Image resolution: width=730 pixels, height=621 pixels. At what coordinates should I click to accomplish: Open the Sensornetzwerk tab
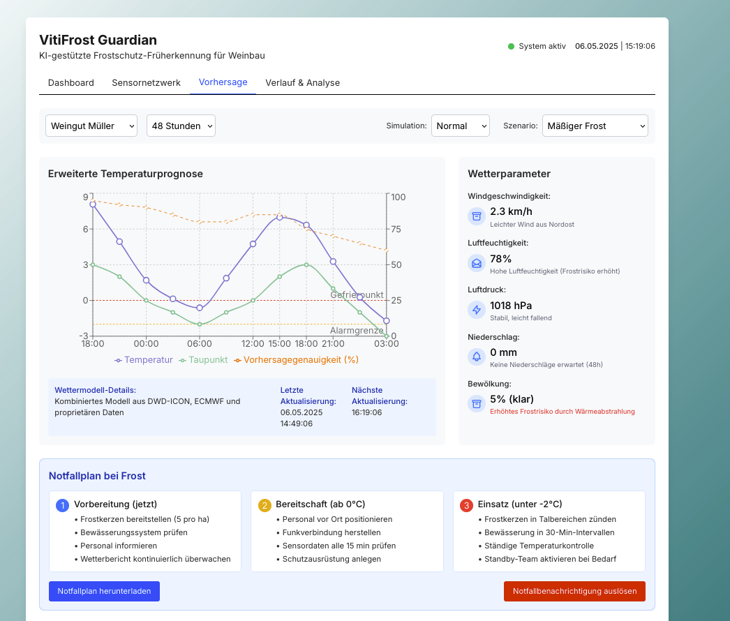click(146, 83)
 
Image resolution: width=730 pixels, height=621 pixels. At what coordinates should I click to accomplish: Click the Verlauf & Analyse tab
click(303, 83)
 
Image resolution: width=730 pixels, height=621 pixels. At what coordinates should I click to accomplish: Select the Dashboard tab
click(70, 83)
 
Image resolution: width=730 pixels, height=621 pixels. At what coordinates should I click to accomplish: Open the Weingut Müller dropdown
click(91, 126)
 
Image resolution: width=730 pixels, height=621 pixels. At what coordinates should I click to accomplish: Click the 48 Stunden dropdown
click(181, 126)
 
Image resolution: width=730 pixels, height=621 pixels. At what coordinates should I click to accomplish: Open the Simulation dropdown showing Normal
click(461, 126)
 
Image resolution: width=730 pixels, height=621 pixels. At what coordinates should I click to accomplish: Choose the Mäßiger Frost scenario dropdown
click(595, 126)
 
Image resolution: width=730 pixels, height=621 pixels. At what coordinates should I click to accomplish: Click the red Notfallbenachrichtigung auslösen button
click(574, 591)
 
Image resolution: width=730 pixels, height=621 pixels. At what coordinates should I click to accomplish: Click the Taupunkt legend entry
click(204, 360)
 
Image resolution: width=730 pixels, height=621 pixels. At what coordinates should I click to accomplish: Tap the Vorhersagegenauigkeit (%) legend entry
click(296, 360)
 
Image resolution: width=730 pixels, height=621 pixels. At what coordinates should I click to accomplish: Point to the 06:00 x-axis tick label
click(200, 344)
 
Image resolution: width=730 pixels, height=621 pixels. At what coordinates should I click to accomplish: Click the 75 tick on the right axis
click(396, 229)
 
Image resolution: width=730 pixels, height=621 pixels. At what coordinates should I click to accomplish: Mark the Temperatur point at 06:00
click(200, 308)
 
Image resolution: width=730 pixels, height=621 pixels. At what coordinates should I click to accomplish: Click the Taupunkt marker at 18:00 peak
click(306, 265)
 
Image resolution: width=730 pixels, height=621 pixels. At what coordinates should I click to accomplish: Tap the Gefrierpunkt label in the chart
click(357, 294)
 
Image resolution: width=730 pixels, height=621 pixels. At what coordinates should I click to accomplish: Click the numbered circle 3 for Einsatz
click(466, 506)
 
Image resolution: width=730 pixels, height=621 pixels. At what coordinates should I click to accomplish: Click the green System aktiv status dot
click(511, 47)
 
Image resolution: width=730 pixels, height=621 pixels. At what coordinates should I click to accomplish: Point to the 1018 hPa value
click(511, 306)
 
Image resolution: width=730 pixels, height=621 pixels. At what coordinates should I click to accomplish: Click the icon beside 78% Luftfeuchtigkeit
click(477, 264)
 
